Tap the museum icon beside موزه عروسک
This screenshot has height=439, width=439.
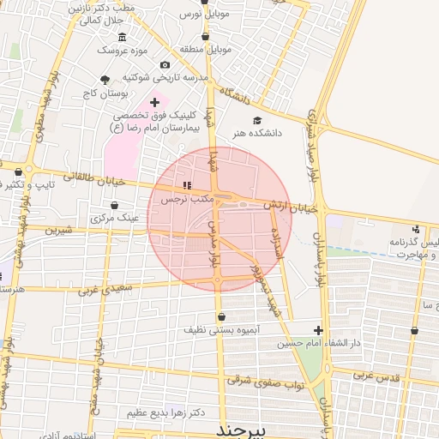(x=122, y=37)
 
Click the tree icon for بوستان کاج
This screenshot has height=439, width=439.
(x=105, y=81)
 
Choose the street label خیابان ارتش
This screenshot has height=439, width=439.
(x=291, y=207)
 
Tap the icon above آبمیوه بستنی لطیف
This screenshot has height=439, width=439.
(x=221, y=316)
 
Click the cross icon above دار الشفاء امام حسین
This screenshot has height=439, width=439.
(x=318, y=329)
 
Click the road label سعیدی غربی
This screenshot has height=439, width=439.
(x=105, y=291)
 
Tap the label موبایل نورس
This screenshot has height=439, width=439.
(x=204, y=15)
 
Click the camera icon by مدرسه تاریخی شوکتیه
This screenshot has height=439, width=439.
(x=165, y=64)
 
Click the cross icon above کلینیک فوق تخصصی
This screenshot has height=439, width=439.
(x=154, y=102)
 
